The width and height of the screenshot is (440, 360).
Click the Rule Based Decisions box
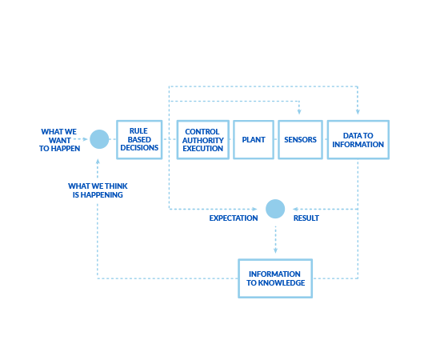tap(139, 140)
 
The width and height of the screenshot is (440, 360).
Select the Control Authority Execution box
tap(203, 140)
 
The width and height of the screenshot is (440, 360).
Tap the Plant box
tap(254, 140)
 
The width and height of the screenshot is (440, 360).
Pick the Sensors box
tap(300, 140)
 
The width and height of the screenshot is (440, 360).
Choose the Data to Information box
tap(358, 140)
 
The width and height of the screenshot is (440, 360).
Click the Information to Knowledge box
tap(275, 278)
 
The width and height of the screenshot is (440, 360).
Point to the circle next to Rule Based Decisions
tap(99, 139)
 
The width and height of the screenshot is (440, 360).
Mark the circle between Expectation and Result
tap(275, 209)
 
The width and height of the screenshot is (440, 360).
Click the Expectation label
tap(234, 218)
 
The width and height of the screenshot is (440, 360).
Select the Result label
tap(306, 218)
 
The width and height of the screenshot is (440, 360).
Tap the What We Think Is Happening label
tap(98, 190)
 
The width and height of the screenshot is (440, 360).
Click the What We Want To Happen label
tap(59, 140)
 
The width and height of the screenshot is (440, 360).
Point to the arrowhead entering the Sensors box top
tap(299, 112)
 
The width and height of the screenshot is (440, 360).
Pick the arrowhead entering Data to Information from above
tap(358, 112)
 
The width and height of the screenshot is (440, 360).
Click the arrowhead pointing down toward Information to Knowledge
tap(275, 250)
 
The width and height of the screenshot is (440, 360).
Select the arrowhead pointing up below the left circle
tap(98, 162)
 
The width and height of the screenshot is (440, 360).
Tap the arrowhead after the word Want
tap(85, 139)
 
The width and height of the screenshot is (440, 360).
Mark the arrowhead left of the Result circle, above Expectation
tap(254, 209)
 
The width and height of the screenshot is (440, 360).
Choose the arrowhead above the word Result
tap(295, 209)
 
